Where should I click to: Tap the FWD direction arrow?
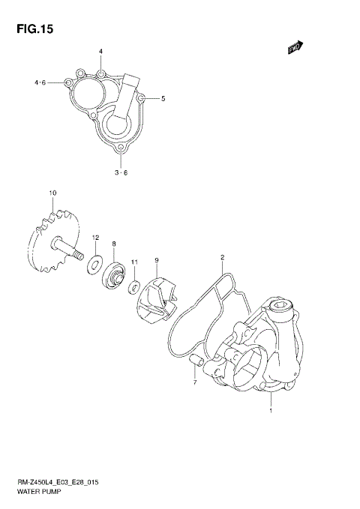coord(295,47)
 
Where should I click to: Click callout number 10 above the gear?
coord(52,193)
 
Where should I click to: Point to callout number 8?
coord(114,244)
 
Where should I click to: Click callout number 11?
coord(134,262)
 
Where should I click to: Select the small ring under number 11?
coord(132,285)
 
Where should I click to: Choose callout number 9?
coord(156,260)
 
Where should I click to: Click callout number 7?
coord(194,383)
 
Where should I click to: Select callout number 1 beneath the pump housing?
coord(271,411)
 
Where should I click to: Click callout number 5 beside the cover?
coord(163,98)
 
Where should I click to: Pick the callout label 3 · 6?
coord(120,172)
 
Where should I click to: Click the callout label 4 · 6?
coord(40,82)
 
